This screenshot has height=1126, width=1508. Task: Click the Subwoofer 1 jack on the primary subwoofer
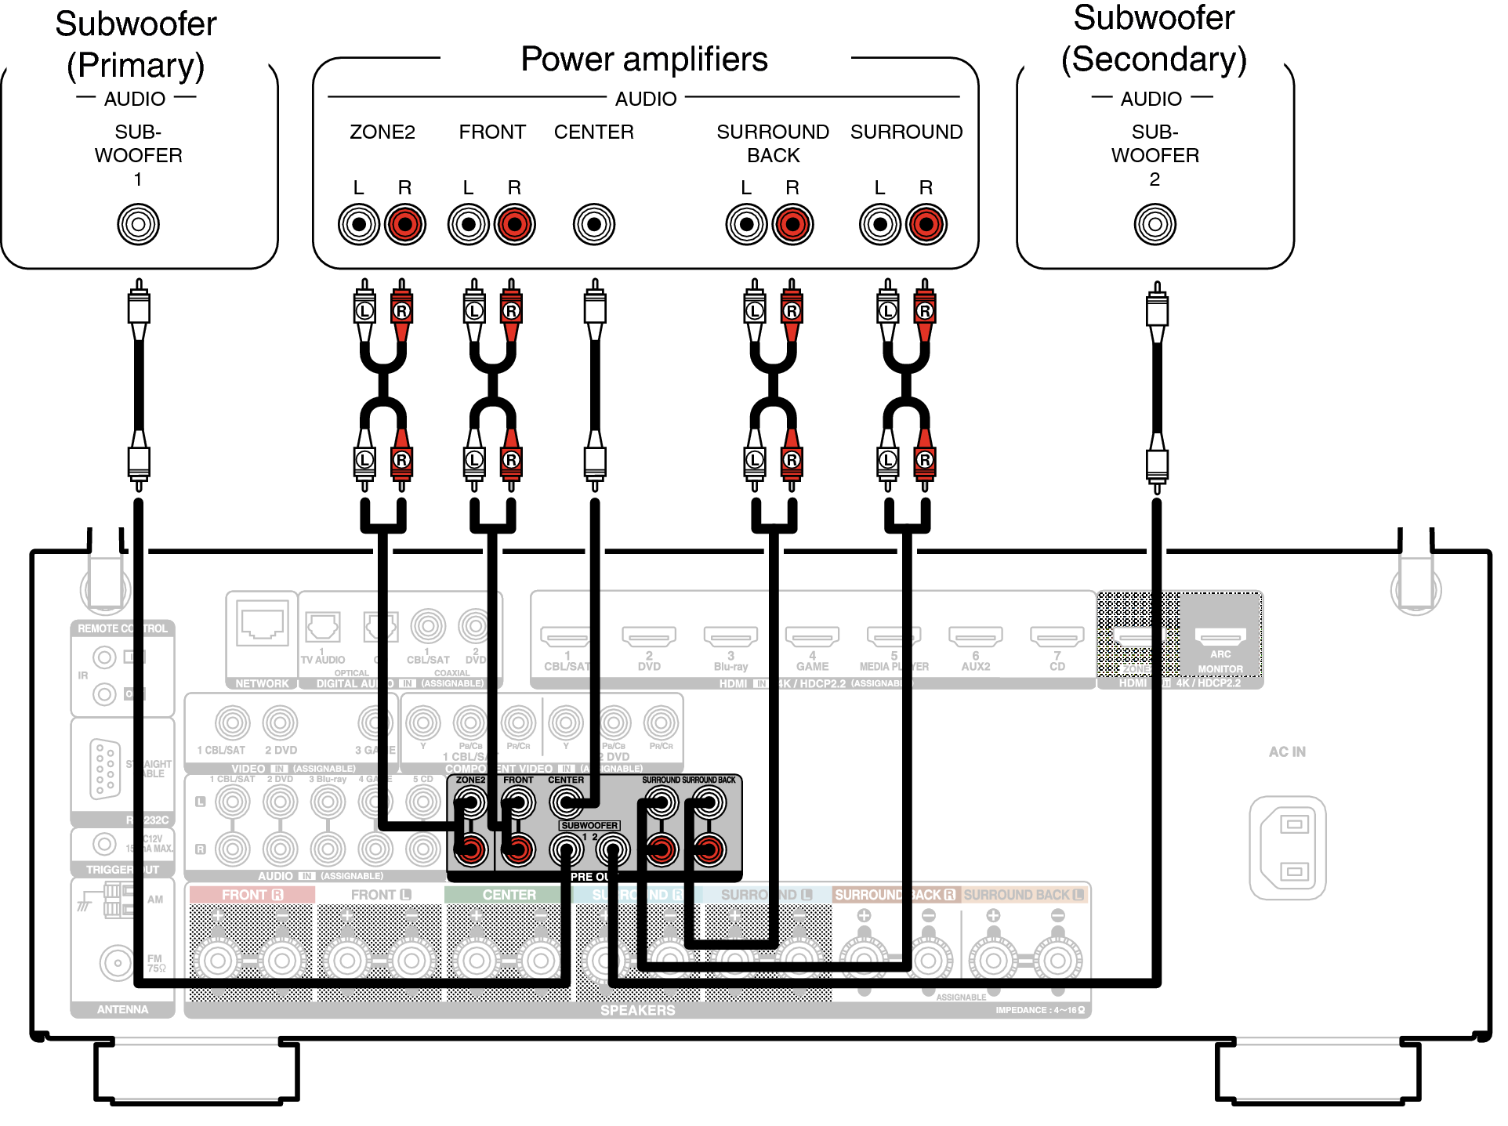(138, 224)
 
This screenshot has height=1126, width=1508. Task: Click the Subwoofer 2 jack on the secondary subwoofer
(1155, 224)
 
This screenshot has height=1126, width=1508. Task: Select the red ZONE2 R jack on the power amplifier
(404, 224)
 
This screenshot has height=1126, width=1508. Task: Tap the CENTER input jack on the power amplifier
(594, 224)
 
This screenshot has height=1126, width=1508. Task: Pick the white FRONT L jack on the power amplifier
(469, 224)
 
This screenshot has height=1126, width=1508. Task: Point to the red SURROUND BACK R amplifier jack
(792, 224)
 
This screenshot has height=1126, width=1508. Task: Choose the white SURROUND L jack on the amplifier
(880, 224)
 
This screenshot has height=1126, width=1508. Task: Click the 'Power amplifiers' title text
(644, 60)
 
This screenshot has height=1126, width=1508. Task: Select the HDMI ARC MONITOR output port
(1220, 635)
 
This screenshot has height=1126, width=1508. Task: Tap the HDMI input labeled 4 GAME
(812, 635)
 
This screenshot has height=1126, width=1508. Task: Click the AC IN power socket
(1288, 847)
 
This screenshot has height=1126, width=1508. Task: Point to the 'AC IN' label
(1287, 751)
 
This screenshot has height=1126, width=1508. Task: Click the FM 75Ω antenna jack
(118, 962)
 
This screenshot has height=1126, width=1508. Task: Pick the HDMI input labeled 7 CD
(1057, 635)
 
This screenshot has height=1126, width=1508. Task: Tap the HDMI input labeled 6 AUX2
(975, 635)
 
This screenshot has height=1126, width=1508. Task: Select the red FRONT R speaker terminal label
(252, 895)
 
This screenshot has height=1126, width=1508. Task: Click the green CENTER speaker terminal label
(509, 895)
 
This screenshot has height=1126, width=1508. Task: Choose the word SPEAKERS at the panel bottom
(637, 1010)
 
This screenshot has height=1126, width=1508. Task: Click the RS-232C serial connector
(105, 768)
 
